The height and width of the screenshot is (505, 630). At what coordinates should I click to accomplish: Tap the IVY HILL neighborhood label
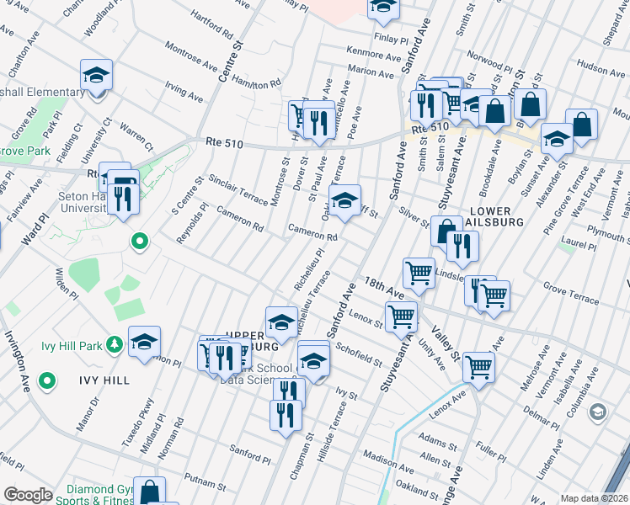pyautogui.click(x=105, y=380)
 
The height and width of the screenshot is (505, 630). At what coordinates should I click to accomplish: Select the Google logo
pyautogui.click(x=28, y=495)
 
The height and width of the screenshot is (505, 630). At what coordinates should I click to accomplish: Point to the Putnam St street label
pyautogui.click(x=202, y=479)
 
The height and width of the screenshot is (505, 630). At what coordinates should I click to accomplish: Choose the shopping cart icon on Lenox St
pyautogui.click(x=401, y=316)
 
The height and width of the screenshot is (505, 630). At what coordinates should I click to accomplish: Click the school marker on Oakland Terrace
pyautogui.click(x=344, y=201)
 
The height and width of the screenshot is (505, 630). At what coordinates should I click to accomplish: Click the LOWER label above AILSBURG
pyautogui.click(x=495, y=210)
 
